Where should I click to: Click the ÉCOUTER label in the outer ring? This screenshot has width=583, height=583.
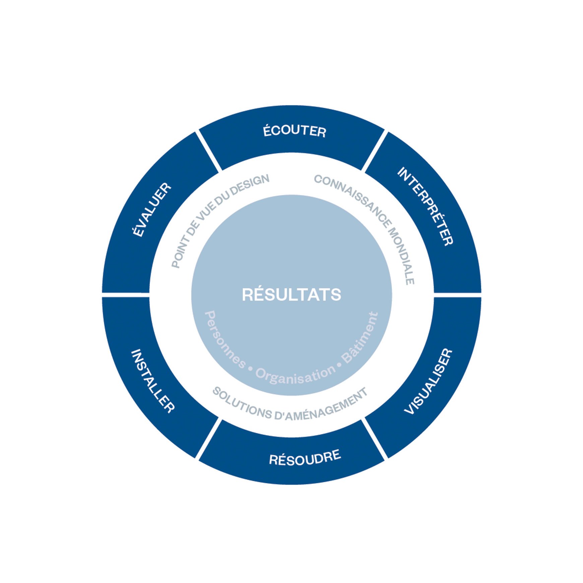point(295,131)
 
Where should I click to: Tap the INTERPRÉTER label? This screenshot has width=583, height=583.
point(425,206)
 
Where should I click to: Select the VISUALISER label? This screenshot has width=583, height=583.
point(429,382)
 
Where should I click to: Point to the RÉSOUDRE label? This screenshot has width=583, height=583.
point(305,457)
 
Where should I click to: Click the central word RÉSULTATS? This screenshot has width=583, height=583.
point(291,295)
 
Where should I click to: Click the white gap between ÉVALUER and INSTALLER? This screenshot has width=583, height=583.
point(126,295)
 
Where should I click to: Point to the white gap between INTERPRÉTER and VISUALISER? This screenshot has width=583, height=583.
point(458,295)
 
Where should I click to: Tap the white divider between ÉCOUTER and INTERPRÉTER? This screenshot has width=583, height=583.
point(375,151)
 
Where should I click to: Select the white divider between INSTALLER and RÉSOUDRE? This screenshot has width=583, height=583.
point(209,439)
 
